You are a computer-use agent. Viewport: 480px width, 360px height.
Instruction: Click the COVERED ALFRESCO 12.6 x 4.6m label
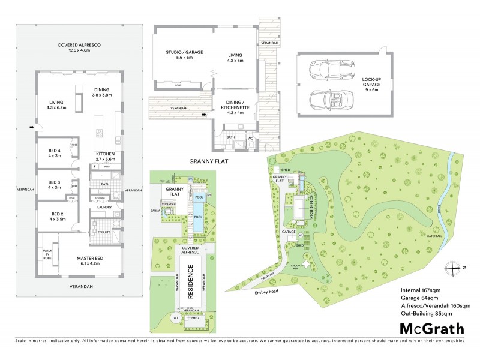coord(78,48)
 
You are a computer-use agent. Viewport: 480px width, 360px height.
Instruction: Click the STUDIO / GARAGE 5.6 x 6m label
coord(184,56)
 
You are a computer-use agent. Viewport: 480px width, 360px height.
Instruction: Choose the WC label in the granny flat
coord(251,137)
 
